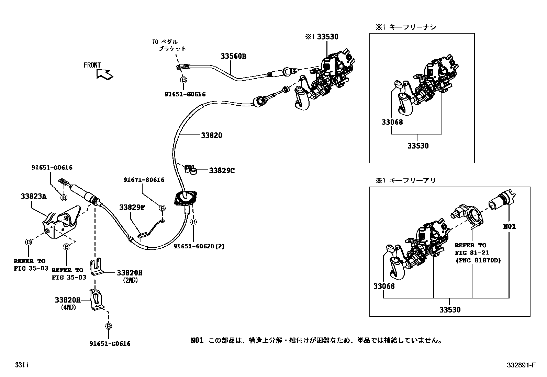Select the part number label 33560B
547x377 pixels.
(x=233, y=56)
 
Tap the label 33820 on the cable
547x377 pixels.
(x=212, y=135)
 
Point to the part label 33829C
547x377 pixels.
(x=222, y=170)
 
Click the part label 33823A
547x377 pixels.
(x=33, y=196)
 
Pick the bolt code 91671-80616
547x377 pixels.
(x=144, y=180)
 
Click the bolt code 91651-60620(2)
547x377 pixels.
(x=199, y=246)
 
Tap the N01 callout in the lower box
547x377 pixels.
(x=509, y=226)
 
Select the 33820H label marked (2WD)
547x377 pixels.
(x=130, y=273)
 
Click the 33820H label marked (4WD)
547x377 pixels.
(x=67, y=300)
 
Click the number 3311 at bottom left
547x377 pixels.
(x=21, y=365)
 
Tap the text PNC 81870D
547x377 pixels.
(x=478, y=260)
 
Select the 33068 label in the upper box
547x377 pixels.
(x=392, y=122)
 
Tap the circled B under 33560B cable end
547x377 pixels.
(x=184, y=80)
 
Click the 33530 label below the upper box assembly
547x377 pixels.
(x=418, y=146)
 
